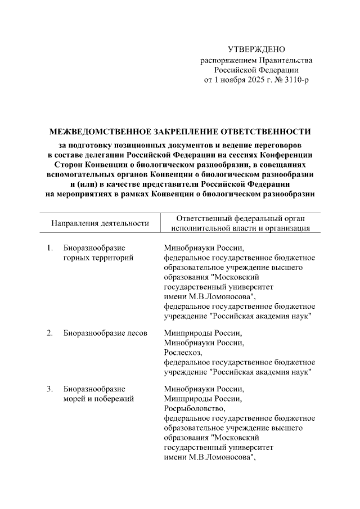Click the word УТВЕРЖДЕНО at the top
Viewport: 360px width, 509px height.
coord(256,51)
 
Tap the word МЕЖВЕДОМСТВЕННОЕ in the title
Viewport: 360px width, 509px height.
coord(100,132)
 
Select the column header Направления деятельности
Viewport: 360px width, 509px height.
coord(100,223)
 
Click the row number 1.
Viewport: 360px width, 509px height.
coord(50,248)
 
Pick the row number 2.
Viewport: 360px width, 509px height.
coord(50,333)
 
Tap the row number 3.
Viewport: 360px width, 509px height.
coord(50,389)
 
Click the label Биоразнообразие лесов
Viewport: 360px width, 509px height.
coord(105,333)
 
